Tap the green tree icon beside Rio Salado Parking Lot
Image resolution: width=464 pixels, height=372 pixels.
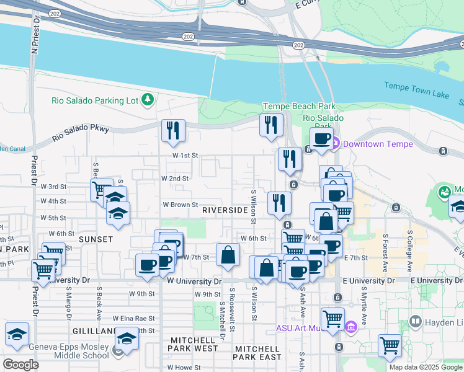(x=148, y=99)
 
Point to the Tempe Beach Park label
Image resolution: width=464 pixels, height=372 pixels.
(x=299, y=107)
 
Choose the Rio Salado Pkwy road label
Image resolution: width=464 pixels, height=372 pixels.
(x=81, y=133)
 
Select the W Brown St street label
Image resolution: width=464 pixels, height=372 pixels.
(x=180, y=205)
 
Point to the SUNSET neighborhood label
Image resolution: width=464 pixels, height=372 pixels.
(x=96, y=239)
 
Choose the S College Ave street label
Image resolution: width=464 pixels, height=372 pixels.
(x=410, y=251)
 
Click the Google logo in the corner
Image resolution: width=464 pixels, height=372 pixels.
(x=20, y=365)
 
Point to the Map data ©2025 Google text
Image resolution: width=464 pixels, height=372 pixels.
(x=425, y=367)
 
